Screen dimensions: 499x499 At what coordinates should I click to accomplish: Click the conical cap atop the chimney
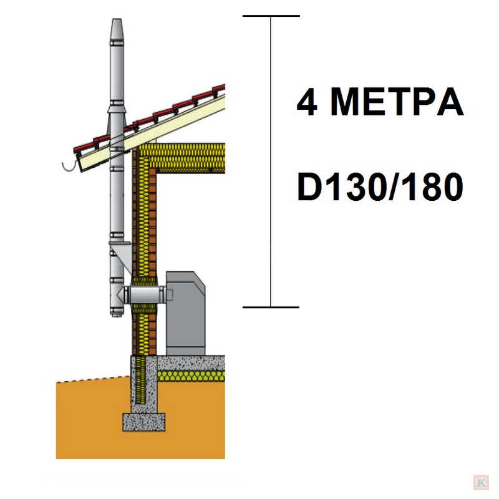[117, 29]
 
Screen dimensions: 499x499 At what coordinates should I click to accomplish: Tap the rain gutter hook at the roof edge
[69, 167]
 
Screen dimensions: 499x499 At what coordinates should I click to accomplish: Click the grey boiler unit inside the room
[185, 313]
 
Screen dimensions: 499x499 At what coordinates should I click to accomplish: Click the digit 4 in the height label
[307, 102]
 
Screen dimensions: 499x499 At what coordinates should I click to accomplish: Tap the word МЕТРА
[397, 102]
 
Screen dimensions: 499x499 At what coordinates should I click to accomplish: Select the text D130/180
[380, 187]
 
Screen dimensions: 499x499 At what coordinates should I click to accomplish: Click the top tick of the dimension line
[271, 16]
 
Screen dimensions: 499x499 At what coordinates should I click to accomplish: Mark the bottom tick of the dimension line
[271, 307]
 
